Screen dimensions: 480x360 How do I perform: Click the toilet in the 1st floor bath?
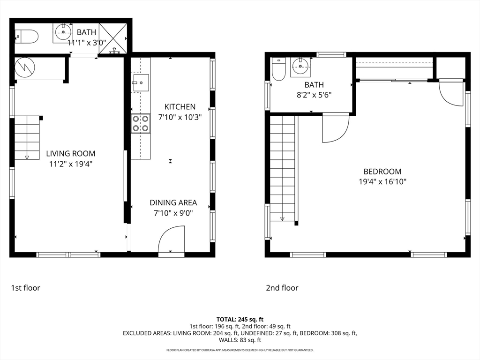[x=27, y=37]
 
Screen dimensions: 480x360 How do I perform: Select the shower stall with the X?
[x=113, y=38]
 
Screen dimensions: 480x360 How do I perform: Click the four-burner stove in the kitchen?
[x=141, y=123]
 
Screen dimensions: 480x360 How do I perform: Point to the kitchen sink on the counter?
[x=141, y=82]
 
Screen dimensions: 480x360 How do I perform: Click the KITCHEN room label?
[x=180, y=107]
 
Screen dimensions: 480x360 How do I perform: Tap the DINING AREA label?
[x=173, y=202]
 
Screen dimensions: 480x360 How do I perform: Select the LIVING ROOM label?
[x=71, y=154]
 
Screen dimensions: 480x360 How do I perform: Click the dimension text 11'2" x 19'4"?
[x=71, y=164]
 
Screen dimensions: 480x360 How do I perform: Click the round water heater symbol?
[x=25, y=67]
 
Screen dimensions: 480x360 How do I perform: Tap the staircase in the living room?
[x=27, y=138]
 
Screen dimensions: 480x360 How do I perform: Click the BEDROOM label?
[x=382, y=172]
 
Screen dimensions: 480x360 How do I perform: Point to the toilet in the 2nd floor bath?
[x=278, y=69]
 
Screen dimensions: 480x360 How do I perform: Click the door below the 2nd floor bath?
[x=336, y=128]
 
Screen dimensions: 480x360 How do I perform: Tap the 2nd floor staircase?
[x=282, y=168]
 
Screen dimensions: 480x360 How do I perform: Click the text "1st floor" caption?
[x=26, y=288]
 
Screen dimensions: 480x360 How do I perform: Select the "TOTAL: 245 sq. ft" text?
[x=240, y=320]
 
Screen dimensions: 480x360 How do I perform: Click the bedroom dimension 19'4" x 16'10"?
[x=382, y=182]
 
